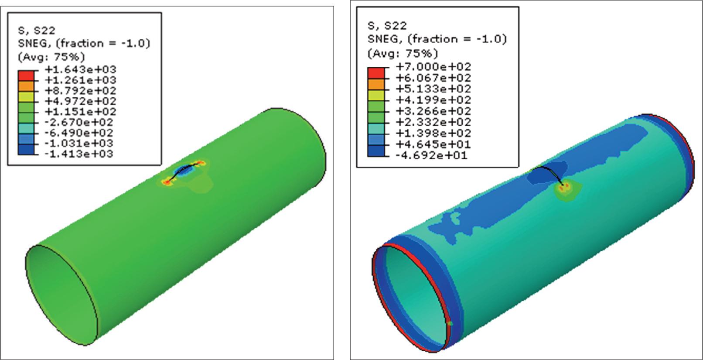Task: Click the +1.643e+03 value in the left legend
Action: (x=80, y=69)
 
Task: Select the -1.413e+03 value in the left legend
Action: (x=80, y=154)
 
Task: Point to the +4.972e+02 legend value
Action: (x=80, y=101)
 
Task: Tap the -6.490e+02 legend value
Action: (x=80, y=133)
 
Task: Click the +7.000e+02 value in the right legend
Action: (x=433, y=67)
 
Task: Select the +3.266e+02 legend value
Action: (x=433, y=111)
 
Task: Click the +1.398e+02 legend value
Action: (x=433, y=133)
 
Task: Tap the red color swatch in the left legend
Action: (x=26, y=75)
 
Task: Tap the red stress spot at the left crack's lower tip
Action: (x=168, y=181)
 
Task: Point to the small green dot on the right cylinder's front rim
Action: (x=449, y=323)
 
